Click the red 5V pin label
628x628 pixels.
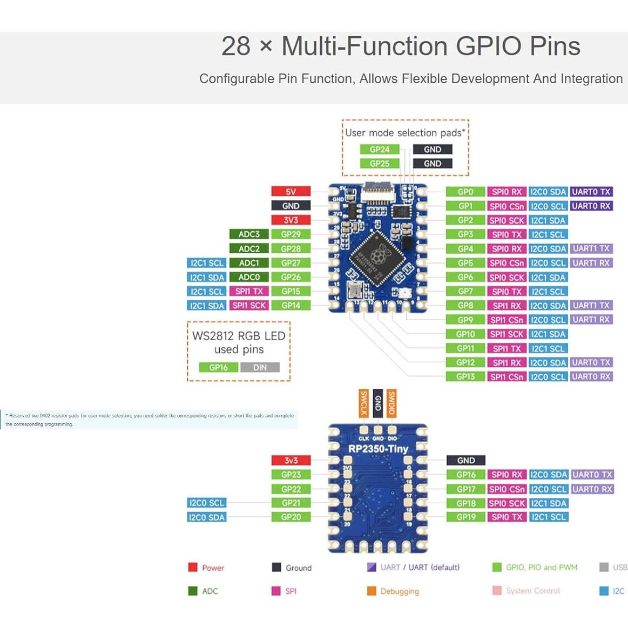[x=291, y=192]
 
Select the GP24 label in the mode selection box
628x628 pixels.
[x=380, y=150]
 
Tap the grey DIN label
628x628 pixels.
[x=260, y=368]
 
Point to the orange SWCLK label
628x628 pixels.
[x=364, y=403]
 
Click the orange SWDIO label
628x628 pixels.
[x=392, y=403]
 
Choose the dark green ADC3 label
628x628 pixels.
[x=249, y=234]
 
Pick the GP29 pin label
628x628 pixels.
[x=291, y=234]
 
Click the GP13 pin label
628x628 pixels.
[x=465, y=377]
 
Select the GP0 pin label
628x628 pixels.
[x=465, y=192]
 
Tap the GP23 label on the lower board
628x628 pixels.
[x=291, y=475]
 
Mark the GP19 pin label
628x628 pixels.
[x=466, y=517]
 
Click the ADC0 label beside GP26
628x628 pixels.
[x=249, y=277]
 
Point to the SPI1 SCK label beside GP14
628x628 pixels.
[x=249, y=306]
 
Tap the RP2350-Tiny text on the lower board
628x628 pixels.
[x=378, y=449]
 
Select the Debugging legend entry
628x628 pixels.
[x=400, y=591]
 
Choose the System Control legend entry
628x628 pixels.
[x=532, y=591]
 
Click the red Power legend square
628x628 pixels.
[x=193, y=567]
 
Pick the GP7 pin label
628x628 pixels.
[x=465, y=292]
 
